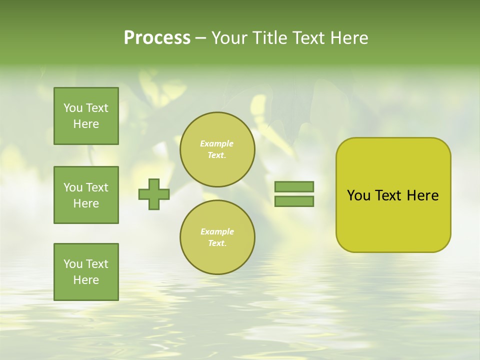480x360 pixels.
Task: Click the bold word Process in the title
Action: (x=157, y=38)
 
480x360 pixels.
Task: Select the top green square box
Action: (x=86, y=116)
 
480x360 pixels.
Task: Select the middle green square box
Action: (x=86, y=195)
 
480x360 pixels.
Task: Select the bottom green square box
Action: (x=86, y=272)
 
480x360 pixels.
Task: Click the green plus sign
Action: (x=154, y=194)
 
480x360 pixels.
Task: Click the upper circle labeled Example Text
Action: (x=217, y=149)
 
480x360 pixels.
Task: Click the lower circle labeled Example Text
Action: (x=217, y=237)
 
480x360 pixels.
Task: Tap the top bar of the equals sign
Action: (x=294, y=187)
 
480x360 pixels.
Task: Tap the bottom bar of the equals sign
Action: (x=294, y=201)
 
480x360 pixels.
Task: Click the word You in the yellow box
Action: (x=358, y=195)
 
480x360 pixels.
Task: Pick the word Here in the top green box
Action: (x=86, y=124)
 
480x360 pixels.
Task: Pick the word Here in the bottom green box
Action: (x=86, y=280)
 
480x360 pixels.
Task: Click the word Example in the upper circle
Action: (x=217, y=144)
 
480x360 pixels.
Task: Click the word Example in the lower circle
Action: (x=217, y=232)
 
